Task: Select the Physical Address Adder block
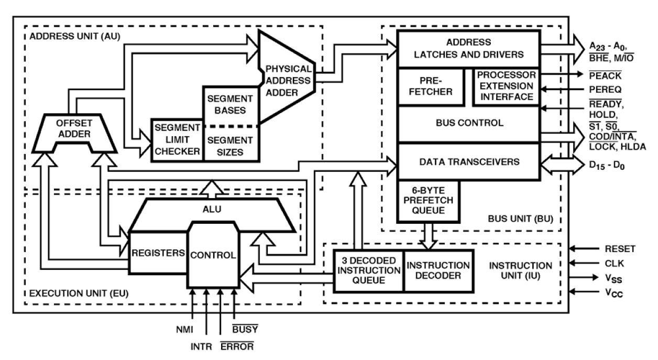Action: point(288,81)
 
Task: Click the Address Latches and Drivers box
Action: point(468,48)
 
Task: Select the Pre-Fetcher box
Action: point(432,86)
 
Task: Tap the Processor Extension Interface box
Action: point(506,86)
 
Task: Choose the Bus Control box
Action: point(469,124)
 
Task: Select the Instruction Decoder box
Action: point(438,270)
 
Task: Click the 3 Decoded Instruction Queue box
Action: point(368,270)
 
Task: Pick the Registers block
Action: point(158,252)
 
